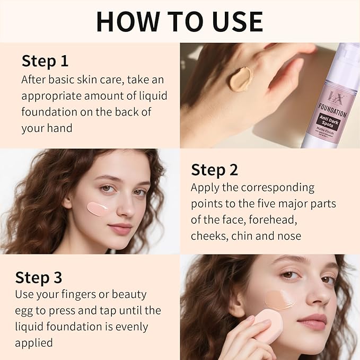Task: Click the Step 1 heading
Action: pyautogui.click(x=45, y=61)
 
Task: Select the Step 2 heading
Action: pyautogui.click(x=215, y=170)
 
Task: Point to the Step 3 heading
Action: pyautogui.click(x=39, y=277)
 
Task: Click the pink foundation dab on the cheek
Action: pyautogui.click(x=99, y=208)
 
